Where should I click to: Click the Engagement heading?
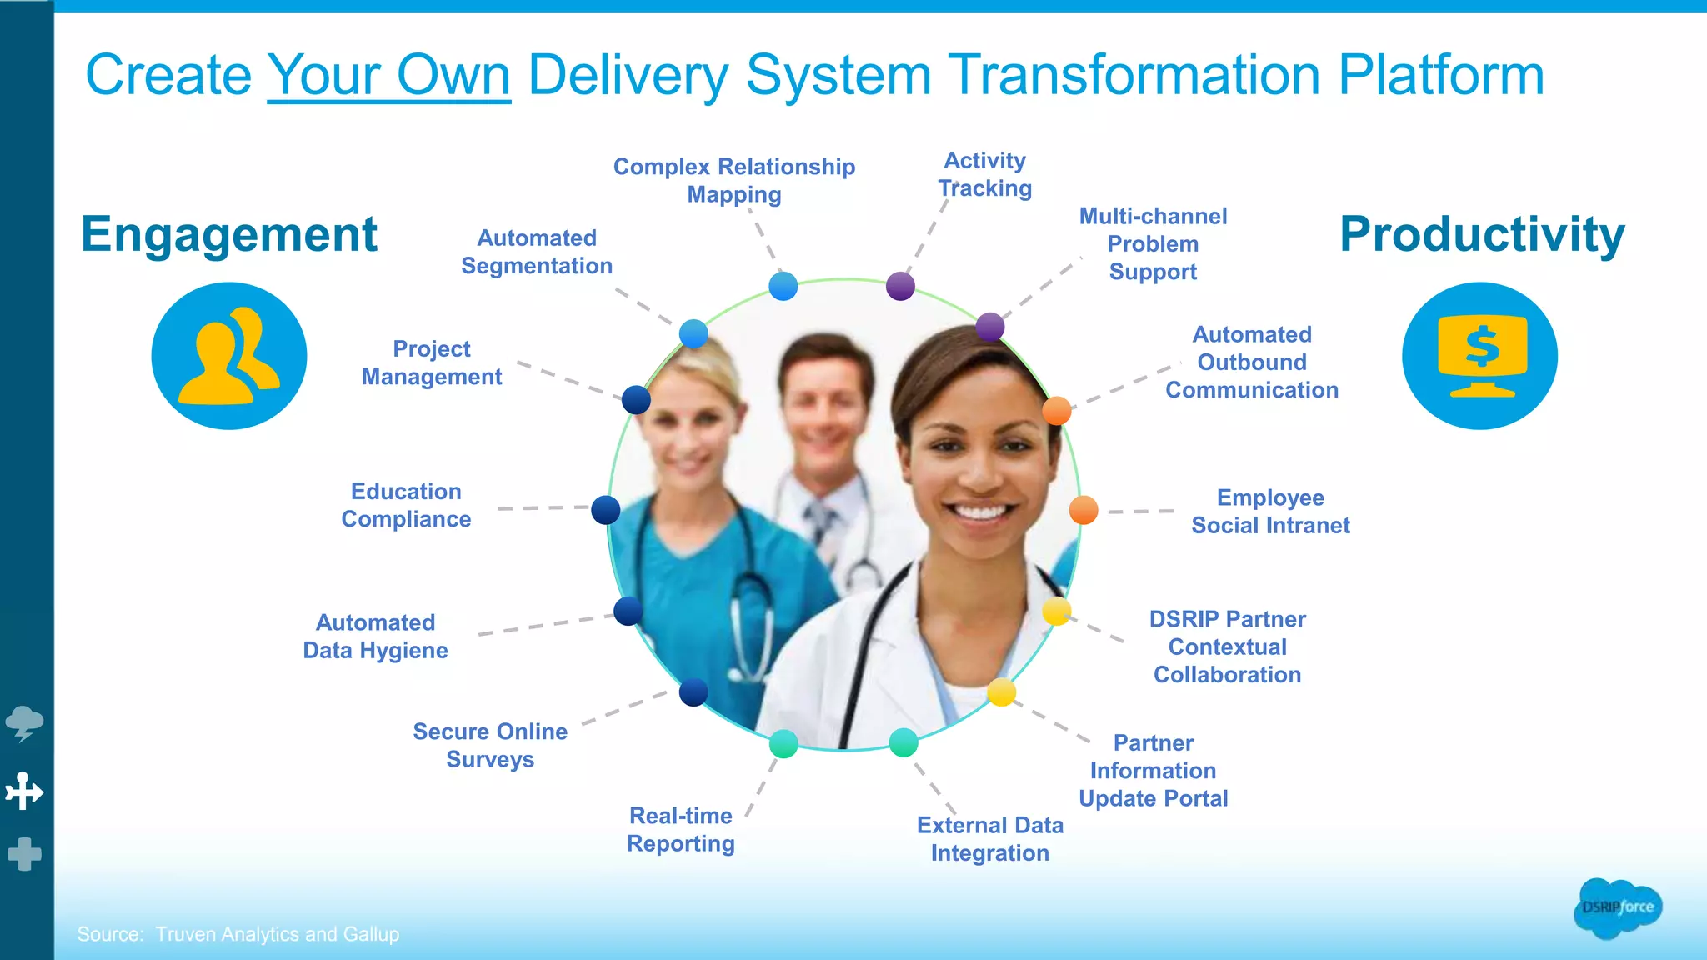coord(229,234)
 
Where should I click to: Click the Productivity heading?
coord(1482,234)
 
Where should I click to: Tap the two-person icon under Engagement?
coord(229,356)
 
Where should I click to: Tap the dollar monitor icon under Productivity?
coord(1479,356)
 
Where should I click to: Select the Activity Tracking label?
coord(984,174)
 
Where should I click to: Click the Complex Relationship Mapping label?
coord(734,180)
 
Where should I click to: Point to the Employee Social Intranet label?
coord(1270,512)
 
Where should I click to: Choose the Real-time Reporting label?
coord(681,829)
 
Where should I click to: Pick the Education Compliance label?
coord(406,505)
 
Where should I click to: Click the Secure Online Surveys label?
coord(490,745)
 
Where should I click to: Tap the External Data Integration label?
coord(990,839)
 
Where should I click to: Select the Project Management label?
coord(432,362)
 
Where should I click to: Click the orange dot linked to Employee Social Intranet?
coord(1084,509)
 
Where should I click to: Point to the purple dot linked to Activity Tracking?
coord(900,286)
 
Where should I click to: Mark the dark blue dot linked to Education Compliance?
coord(606,509)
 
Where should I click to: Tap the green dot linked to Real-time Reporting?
coord(783,743)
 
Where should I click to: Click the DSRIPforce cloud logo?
coord(1618,907)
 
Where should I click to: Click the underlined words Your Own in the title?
coord(388,75)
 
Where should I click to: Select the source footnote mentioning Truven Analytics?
coord(238,934)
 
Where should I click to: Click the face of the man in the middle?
coord(823,408)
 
